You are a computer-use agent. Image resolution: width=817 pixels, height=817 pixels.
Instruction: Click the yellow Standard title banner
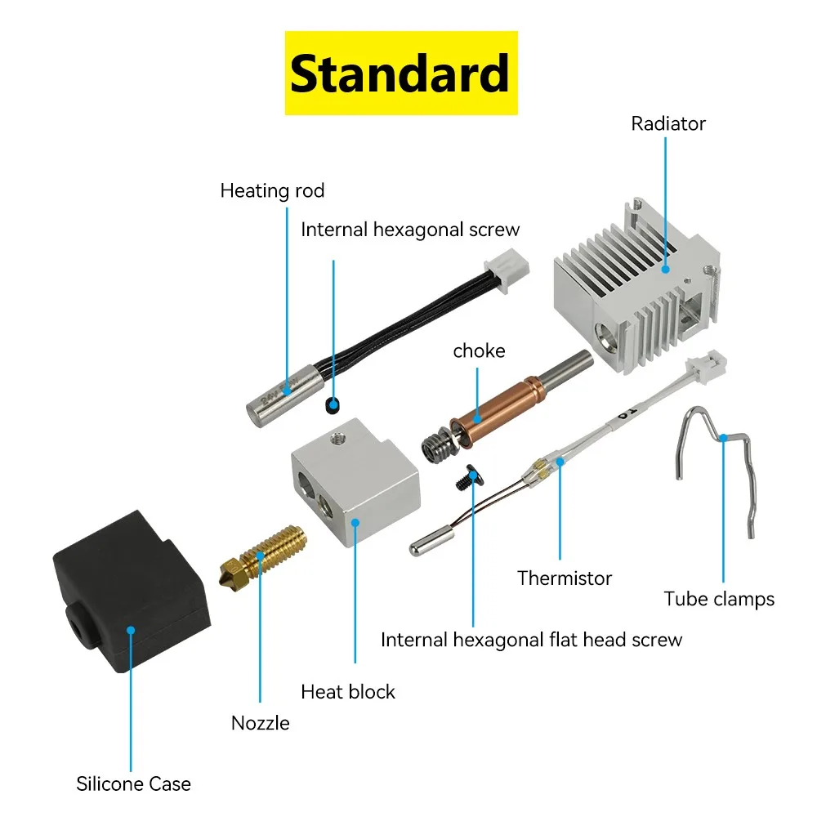click(400, 73)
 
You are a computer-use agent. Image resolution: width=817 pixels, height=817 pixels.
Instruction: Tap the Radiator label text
click(667, 124)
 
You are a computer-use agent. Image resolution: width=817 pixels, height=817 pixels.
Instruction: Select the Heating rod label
click(272, 191)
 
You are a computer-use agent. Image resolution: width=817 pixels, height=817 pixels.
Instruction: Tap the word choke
click(479, 351)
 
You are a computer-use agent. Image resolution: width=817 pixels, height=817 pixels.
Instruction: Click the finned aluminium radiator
click(637, 286)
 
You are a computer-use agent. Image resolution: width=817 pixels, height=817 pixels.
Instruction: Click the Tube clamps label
click(719, 599)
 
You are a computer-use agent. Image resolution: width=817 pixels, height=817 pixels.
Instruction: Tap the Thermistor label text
click(565, 578)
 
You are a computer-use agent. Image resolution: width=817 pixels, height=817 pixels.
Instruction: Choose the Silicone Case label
click(133, 784)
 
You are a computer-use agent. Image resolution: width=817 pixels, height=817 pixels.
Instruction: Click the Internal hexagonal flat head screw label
click(531, 640)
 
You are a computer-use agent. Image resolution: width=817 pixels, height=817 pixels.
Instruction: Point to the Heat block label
click(347, 692)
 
